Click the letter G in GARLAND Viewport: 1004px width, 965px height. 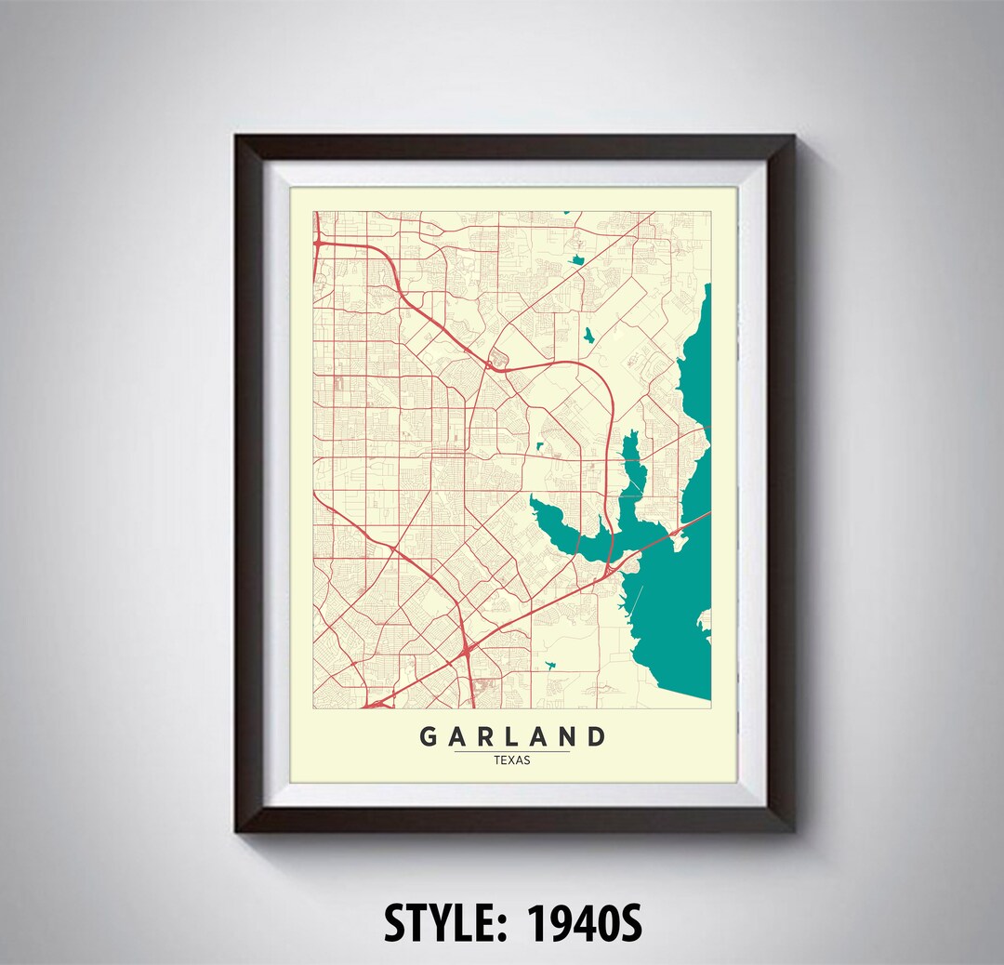click(429, 737)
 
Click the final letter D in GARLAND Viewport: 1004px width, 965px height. click(596, 737)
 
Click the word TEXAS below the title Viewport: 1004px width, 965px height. click(512, 760)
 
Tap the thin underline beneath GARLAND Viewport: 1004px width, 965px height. click(512, 751)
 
